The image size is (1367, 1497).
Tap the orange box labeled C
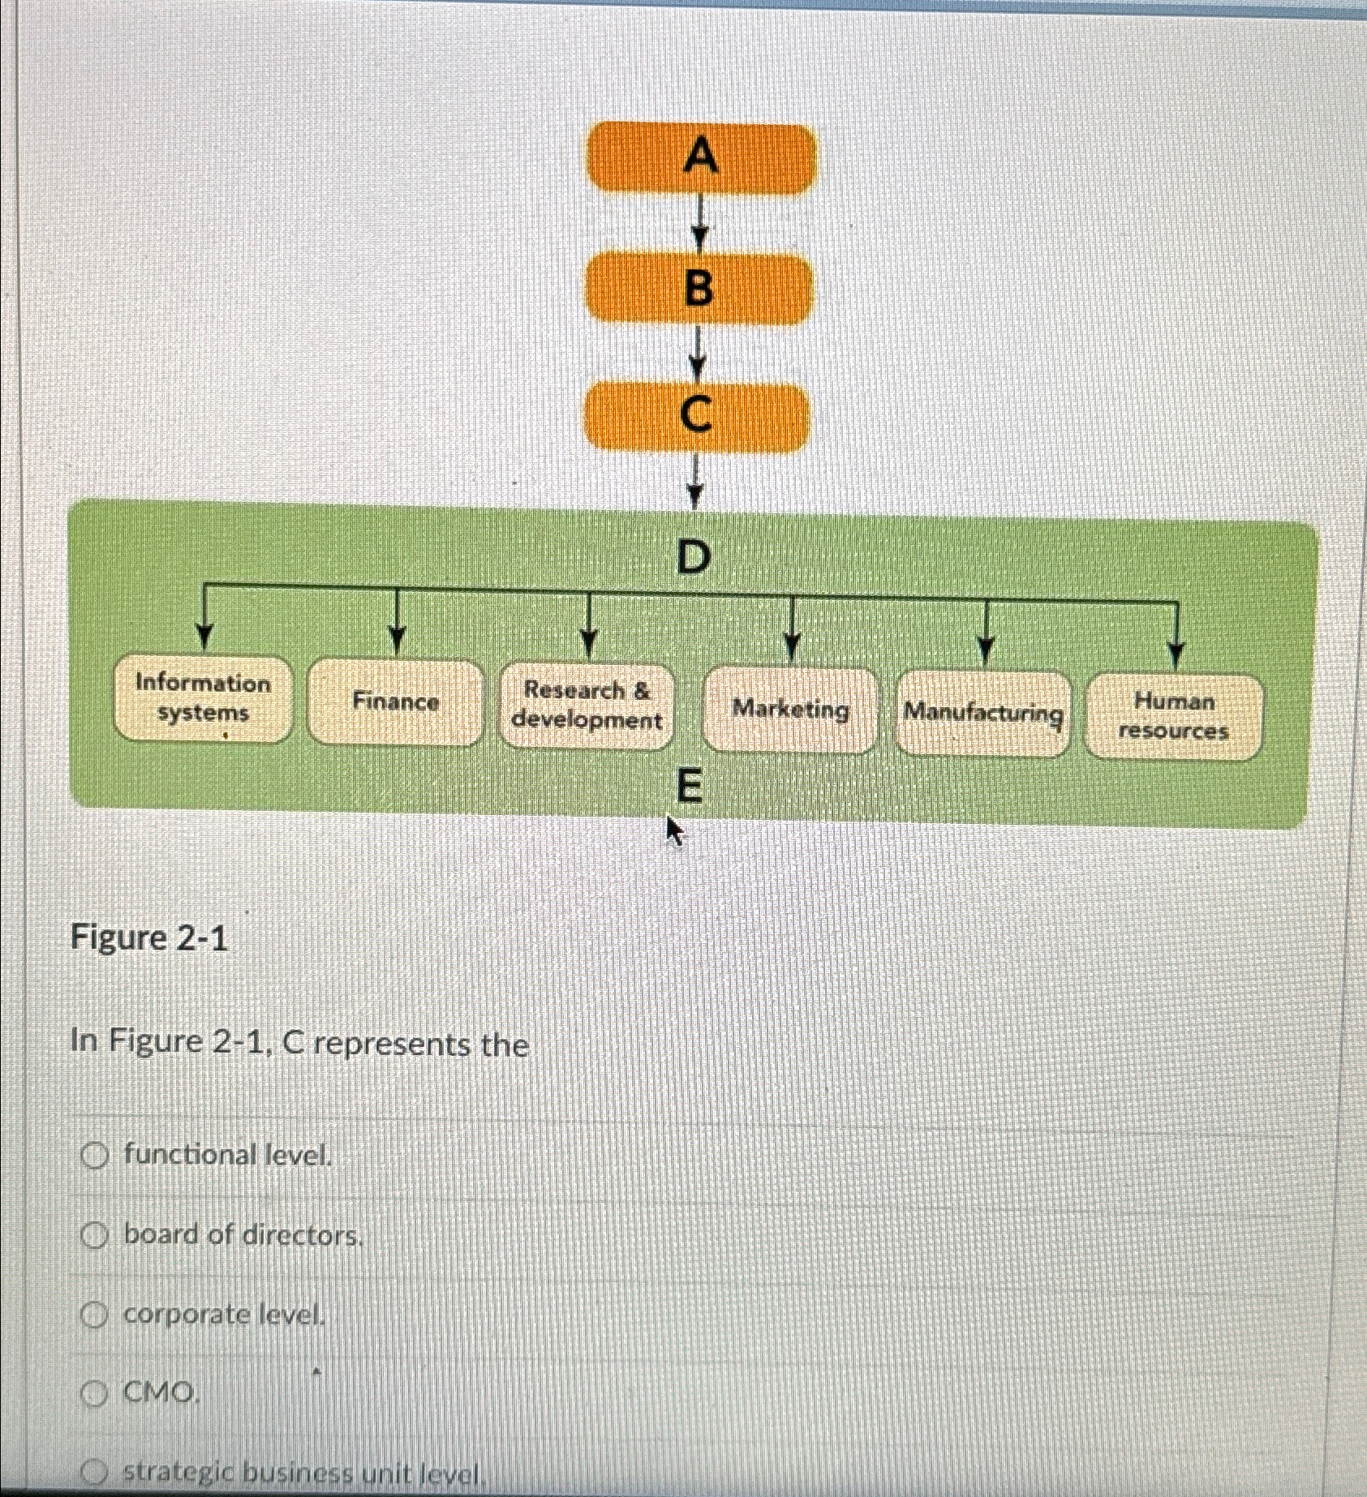tap(697, 416)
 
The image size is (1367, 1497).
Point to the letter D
tap(694, 557)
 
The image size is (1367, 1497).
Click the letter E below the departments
tap(688, 787)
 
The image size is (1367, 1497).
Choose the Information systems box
tap(202, 699)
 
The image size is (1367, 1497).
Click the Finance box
tap(395, 702)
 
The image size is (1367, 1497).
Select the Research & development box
tap(587, 706)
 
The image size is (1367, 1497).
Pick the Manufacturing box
tap(982, 714)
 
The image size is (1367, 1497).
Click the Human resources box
tap(1173, 717)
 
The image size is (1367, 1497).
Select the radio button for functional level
tap(95, 1156)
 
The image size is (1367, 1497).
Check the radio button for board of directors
tap(95, 1236)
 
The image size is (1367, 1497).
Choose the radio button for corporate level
tap(95, 1315)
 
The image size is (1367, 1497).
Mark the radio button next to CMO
tap(95, 1395)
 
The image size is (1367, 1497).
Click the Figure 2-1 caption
tap(149, 938)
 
